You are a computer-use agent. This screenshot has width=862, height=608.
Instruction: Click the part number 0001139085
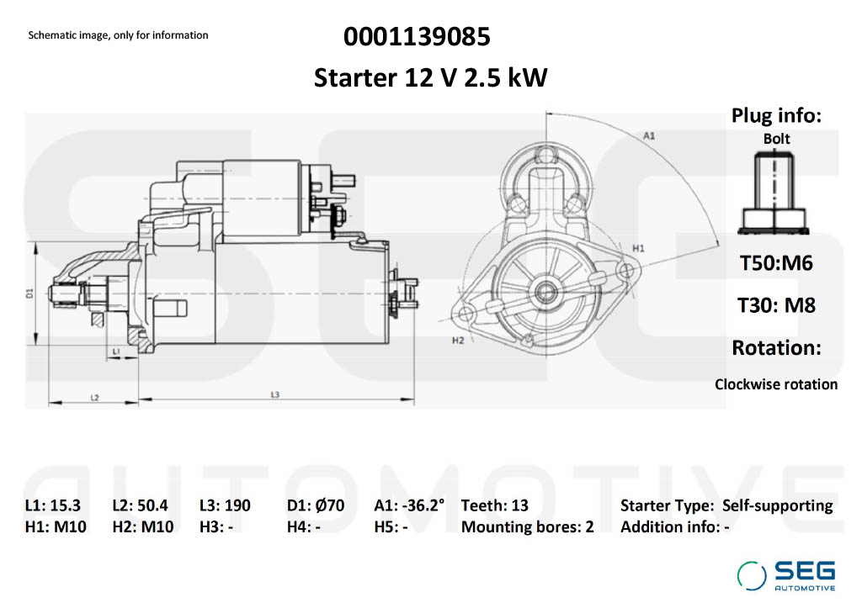coord(417,37)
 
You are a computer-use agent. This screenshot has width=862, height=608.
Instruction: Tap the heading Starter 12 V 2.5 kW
coord(430,78)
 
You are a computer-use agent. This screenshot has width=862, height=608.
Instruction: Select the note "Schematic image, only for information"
coord(118,35)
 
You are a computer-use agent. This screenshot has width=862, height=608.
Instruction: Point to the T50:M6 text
coord(776,263)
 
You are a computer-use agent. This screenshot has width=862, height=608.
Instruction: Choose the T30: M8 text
coord(776,305)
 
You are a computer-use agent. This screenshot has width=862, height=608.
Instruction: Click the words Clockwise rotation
coord(776,384)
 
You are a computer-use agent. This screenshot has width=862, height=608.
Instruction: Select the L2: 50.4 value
coord(140,505)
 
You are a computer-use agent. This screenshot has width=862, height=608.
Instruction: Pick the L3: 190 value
coord(225,505)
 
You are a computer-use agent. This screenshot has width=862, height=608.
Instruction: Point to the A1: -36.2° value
coord(409,505)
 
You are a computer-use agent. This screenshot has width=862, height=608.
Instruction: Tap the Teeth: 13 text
coord(495,505)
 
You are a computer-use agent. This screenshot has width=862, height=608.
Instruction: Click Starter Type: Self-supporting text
coord(726,505)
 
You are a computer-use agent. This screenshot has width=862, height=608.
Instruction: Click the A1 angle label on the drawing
coord(649,135)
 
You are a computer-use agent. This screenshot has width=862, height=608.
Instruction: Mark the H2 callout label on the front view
coord(458,341)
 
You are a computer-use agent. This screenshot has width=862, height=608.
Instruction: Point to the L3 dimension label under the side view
coord(275,394)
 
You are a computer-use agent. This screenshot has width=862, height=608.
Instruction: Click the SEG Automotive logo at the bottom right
coord(787,576)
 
